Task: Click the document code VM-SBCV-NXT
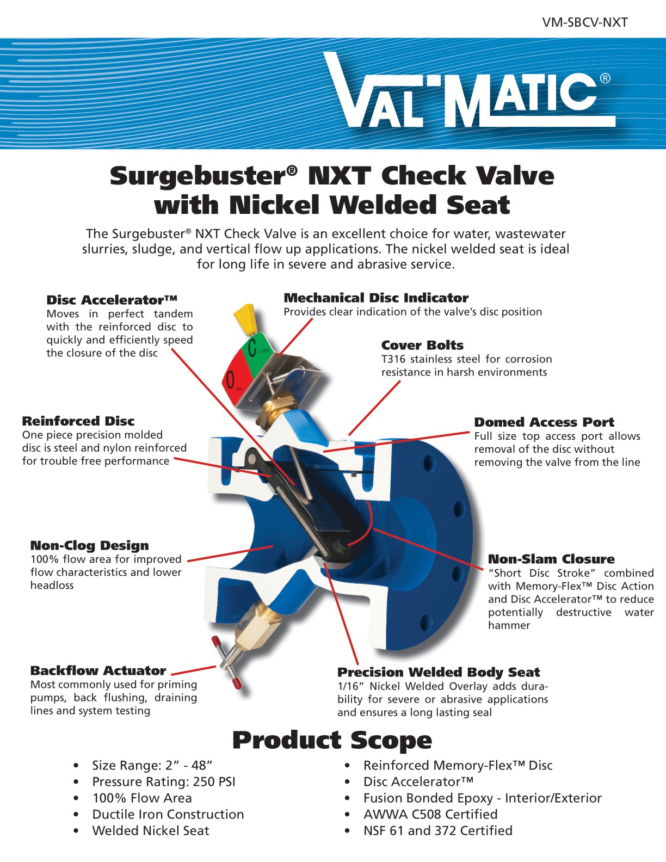[x=585, y=23]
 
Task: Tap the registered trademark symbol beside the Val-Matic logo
[x=605, y=79]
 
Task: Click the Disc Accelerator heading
[x=112, y=300]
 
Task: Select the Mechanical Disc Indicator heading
[x=376, y=298]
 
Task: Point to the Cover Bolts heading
[x=422, y=345]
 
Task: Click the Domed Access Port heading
[x=544, y=422]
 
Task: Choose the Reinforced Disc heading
[x=78, y=421]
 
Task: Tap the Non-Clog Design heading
[x=90, y=546]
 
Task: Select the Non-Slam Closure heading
[x=551, y=559]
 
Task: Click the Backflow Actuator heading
[x=98, y=671]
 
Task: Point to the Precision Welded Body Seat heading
[x=439, y=673]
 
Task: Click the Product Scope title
[x=332, y=741]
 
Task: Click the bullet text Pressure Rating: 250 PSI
[x=164, y=782]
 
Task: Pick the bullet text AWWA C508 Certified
[x=430, y=815]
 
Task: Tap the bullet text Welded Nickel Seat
[x=151, y=831]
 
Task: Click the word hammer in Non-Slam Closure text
[x=509, y=625]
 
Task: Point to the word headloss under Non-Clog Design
[x=52, y=586]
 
